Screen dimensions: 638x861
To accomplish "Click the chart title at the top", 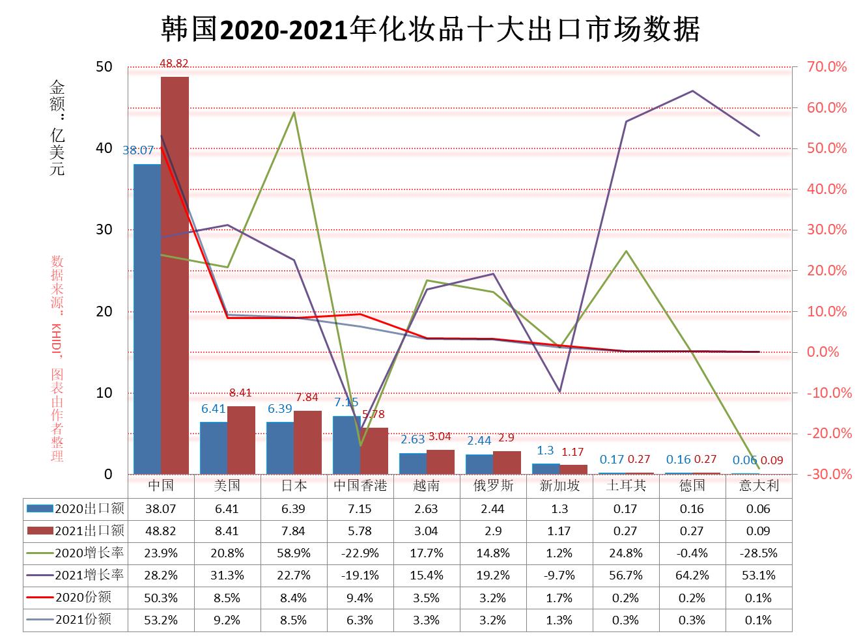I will point(430,29).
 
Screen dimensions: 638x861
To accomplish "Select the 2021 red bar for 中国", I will point(175,273).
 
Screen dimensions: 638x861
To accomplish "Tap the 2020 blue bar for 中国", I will point(147,319).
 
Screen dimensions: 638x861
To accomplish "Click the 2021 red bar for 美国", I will point(241,440).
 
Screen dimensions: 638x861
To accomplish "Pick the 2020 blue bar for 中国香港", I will point(346,445).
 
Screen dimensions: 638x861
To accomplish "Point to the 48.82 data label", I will point(174,63).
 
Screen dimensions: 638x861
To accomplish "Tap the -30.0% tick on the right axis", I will point(827,474).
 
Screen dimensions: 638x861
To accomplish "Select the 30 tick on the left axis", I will point(104,230).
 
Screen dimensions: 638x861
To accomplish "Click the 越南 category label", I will point(426,486).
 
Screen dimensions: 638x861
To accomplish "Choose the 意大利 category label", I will point(758,486).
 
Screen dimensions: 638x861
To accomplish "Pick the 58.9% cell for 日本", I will point(293,553).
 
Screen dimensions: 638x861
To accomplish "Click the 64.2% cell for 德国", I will point(692,576).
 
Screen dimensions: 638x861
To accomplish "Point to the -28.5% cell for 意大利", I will point(758,553).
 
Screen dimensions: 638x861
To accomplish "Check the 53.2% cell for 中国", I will point(160,620).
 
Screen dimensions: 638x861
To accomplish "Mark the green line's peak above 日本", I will point(294,113).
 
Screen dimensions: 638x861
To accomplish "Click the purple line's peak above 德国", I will point(692,91).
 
